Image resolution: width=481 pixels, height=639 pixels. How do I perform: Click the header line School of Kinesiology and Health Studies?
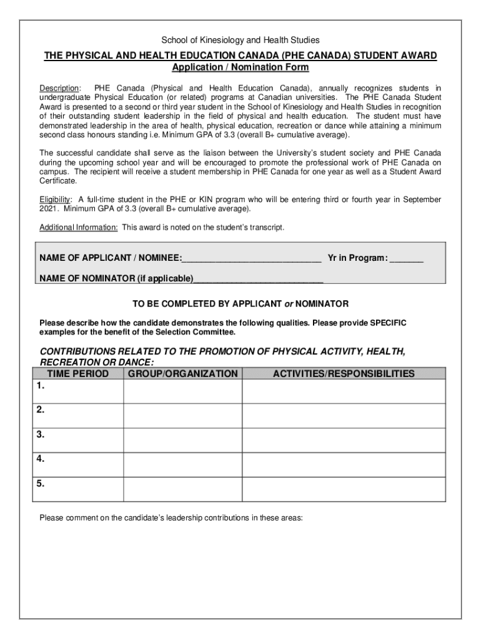[241, 40]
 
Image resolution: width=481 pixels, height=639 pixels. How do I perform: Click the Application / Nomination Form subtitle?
[241, 67]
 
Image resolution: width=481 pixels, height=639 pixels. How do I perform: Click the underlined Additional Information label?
[79, 227]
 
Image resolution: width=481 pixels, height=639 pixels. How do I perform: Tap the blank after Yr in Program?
[406, 258]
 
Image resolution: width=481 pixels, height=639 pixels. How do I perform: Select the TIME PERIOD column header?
[77, 374]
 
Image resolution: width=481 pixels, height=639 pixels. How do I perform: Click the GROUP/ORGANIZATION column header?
[182, 374]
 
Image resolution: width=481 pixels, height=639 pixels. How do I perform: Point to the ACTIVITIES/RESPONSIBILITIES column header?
[344, 374]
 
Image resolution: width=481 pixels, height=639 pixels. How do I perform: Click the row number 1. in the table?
[41, 386]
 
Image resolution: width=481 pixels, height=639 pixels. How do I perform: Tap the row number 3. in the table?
[41, 435]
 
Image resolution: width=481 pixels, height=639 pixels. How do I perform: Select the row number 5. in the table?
[41, 484]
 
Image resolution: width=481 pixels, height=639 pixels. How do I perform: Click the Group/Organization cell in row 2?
[182, 416]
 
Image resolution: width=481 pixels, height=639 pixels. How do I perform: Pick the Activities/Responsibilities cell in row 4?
[344, 464]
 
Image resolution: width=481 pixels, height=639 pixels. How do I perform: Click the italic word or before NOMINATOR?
[289, 304]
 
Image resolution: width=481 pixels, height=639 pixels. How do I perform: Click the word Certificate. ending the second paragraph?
[59, 181]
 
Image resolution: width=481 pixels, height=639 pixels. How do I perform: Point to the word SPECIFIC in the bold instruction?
[388, 323]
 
